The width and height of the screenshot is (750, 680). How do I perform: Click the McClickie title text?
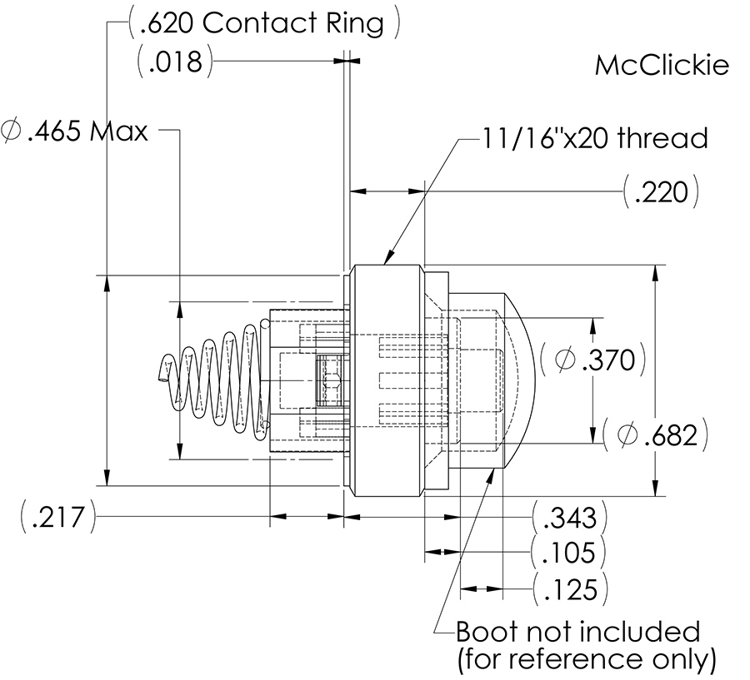[x=662, y=66]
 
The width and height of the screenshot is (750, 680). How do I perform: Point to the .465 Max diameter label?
[x=75, y=131]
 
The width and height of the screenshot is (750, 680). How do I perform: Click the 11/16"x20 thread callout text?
[x=594, y=137]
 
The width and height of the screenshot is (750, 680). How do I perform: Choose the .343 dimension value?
[x=569, y=518]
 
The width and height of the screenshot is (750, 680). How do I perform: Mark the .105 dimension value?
[x=569, y=553]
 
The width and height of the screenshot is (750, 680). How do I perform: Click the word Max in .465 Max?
[x=118, y=131]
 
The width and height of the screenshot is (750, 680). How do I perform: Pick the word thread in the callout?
[x=664, y=137]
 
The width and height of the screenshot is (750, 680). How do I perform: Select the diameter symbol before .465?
[x=12, y=131]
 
